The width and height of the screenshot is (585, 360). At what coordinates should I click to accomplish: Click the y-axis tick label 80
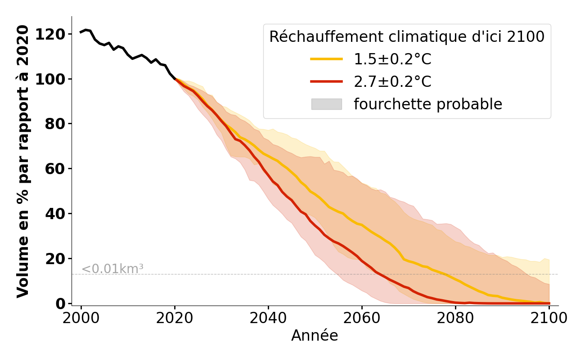tap(55, 124)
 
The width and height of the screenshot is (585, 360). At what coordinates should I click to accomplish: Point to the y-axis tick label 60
tap(55, 169)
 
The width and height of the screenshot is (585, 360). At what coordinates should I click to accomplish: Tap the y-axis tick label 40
tap(55, 213)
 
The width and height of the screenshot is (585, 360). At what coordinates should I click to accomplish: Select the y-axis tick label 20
tap(55, 258)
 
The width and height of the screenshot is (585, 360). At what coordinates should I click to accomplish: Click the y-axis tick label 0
tap(60, 303)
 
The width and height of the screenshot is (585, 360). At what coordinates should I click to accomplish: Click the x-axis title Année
tap(315, 336)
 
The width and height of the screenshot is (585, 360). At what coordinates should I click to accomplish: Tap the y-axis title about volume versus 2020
tap(23, 162)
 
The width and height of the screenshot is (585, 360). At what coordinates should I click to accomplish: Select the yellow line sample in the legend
tap(326, 59)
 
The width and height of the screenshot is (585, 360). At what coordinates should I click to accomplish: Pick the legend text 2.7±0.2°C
tap(392, 81)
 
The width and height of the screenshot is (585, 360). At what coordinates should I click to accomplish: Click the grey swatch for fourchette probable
tap(326, 104)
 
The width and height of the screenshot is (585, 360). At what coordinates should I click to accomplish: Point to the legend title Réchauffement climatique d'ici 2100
tap(407, 36)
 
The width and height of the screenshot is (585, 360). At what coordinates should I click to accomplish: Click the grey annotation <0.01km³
tap(112, 269)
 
